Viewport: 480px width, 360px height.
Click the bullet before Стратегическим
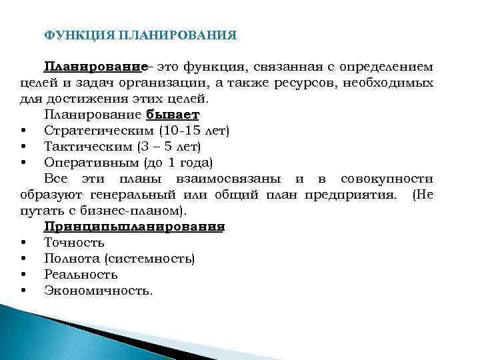click(23, 131)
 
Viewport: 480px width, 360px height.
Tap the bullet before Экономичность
click(23, 291)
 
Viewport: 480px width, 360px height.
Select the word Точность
click(74, 242)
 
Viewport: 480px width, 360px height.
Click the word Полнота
click(71, 258)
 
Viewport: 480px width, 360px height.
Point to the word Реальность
click(81, 274)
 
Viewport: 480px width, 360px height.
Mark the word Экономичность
click(98, 290)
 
